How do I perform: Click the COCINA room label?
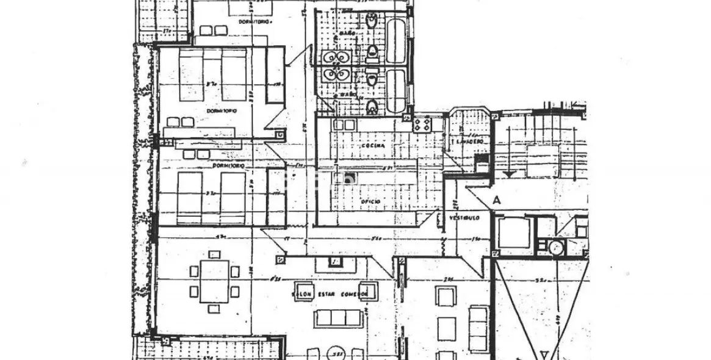(x=372, y=146)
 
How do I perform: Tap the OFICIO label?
(x=370, y=201)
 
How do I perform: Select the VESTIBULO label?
(x=464, y=217)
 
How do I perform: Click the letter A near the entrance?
(x=497, y=200)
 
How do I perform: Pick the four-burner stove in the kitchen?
(x=422, y=124)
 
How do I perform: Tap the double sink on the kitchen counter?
(x=344, y=124)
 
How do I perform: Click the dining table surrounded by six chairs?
(x=214, y=281)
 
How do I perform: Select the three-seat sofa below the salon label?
(x=337, y=318)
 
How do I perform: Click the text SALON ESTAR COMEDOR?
(x=331, y=294)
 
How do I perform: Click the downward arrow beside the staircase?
(x=508, y=174)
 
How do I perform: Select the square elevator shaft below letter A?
(x=514, y=233)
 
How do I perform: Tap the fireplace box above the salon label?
(x=334, y=262)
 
